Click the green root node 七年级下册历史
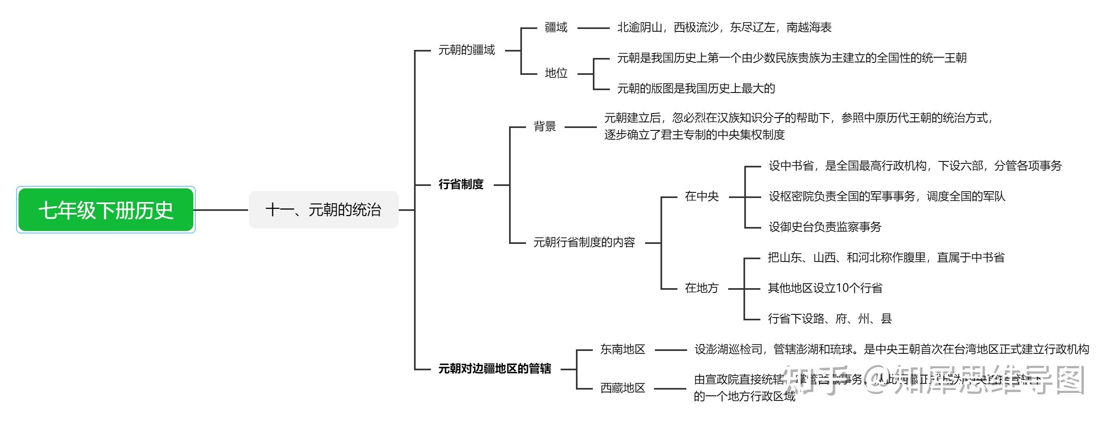pos(106,210)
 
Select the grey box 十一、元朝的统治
pos(323,210)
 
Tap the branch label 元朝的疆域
pos(466,50)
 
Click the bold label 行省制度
pos(461,185)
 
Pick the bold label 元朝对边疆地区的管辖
pos(495,369)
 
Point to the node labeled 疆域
pos(556,28)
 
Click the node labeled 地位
pos(556,73)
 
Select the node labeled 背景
pos(545,127)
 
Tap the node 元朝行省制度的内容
pos(584,243)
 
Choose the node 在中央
pos(702,197)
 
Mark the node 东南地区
pos(622,349)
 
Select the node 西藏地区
pos(622,388)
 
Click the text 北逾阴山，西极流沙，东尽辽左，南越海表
pos(724,28)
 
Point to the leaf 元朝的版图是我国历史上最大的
pos(696,89)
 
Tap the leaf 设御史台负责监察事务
pos(825,227)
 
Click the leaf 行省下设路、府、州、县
pos(829,319)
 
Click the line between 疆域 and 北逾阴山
pos(593,28)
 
